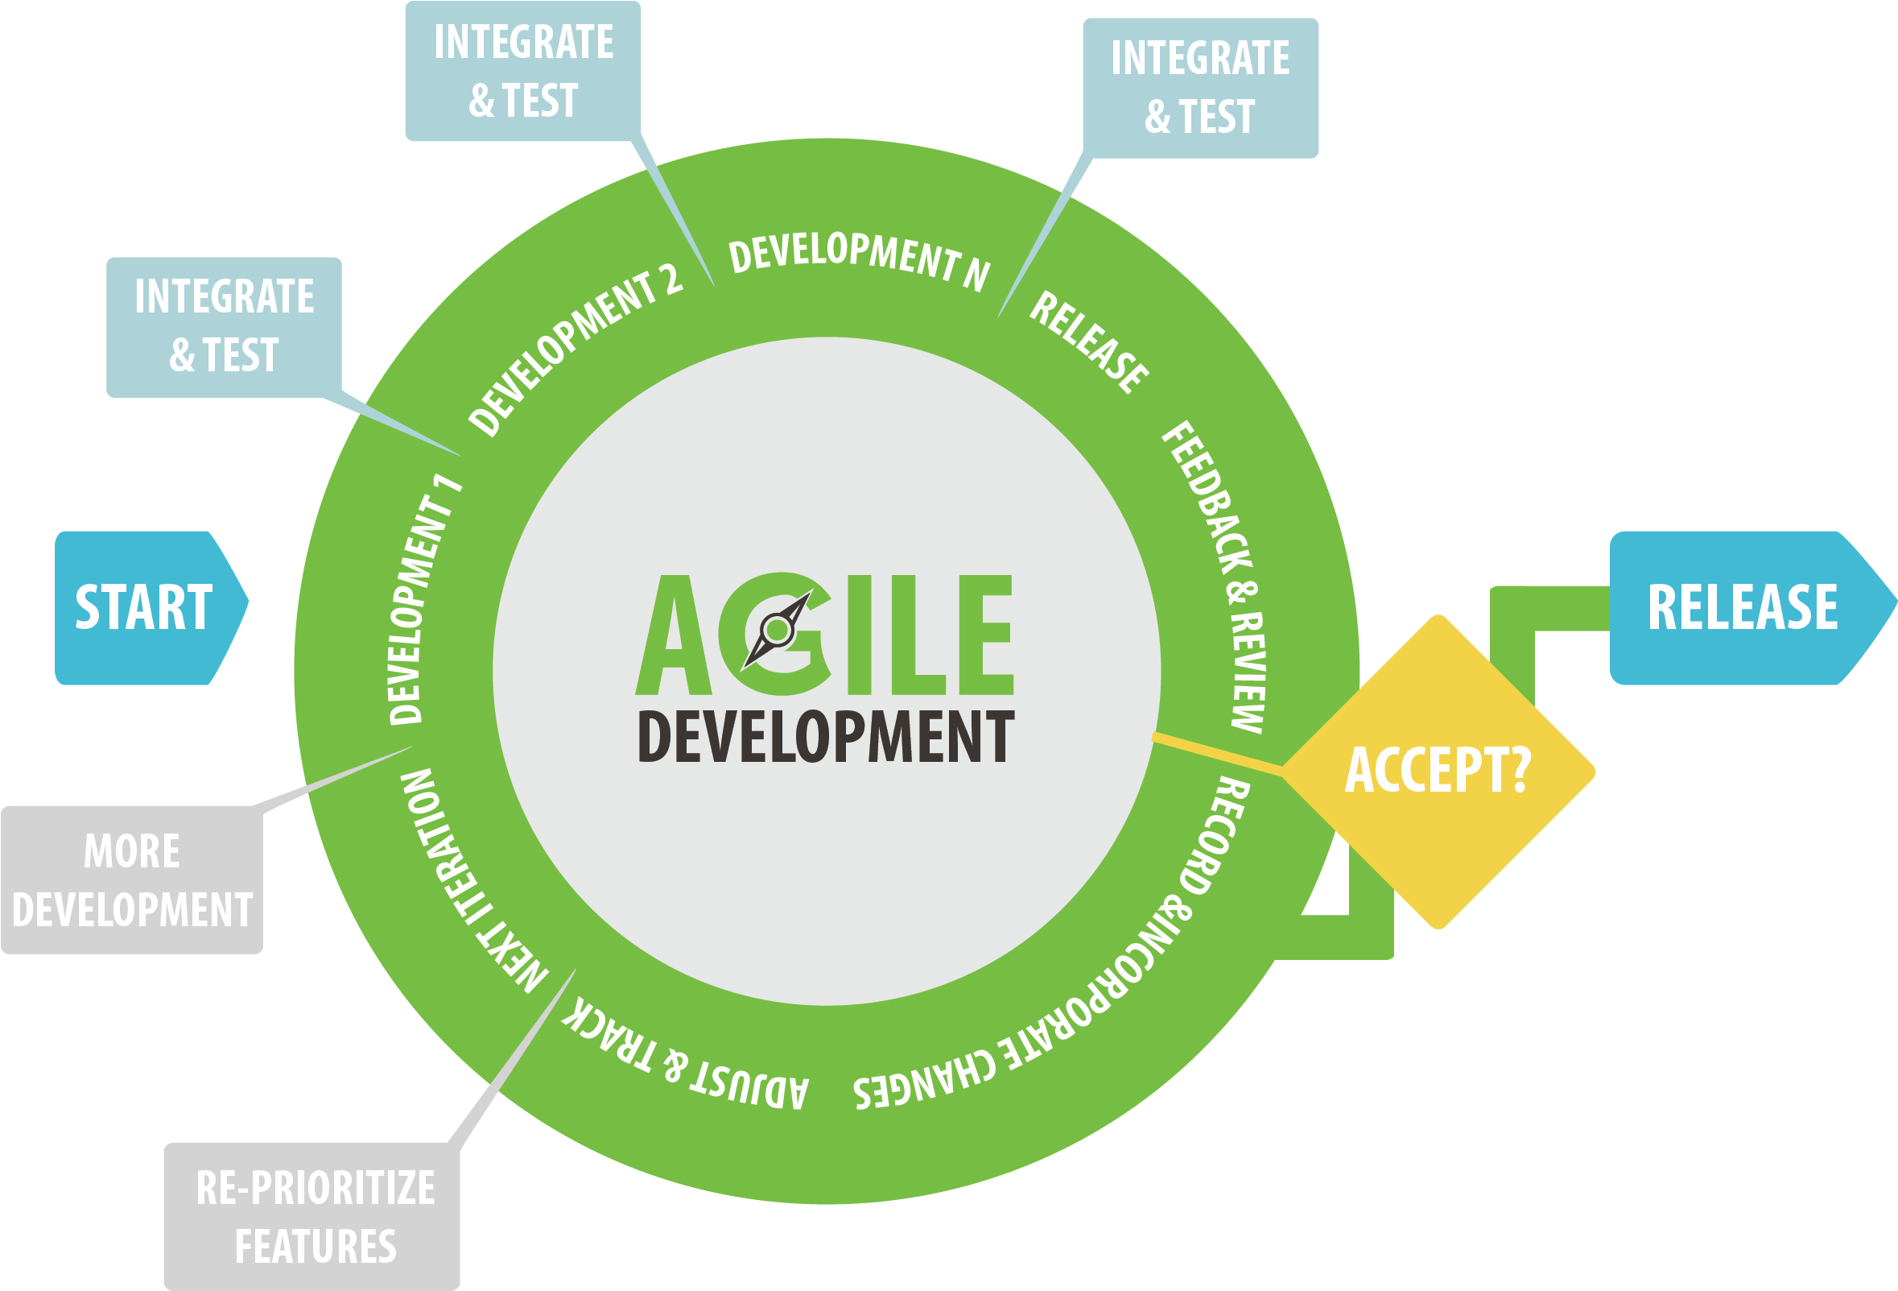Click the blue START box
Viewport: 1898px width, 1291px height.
147,607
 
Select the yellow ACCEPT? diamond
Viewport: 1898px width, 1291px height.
1438,770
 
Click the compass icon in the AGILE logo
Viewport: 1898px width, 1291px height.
777,629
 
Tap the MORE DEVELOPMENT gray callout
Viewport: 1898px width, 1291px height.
132,880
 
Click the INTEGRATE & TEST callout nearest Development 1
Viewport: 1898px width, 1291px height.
224,326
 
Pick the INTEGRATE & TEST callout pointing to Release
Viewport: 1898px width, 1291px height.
1199,88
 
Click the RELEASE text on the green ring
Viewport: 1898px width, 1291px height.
1089,342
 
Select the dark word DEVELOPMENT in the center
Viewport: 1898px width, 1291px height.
825,737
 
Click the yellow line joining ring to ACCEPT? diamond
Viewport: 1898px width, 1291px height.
1217,753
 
